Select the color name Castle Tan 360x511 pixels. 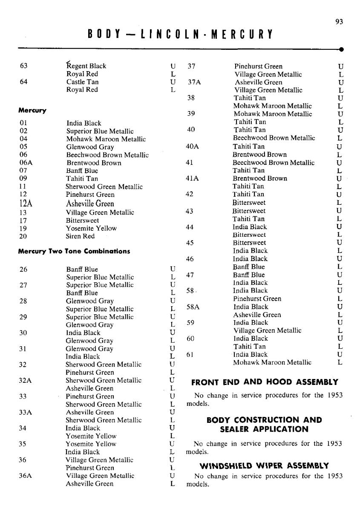pos(83,82)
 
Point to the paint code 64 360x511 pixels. pos(24,82)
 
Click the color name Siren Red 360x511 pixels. pos(81,236)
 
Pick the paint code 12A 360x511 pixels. pos(26,204)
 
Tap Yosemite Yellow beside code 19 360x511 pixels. pos(91,228)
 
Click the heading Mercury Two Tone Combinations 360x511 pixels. pos(74,251)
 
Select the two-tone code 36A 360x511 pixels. pos(26,476)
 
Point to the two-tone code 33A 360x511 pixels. pos(26,412)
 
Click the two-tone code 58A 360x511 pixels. pos(193,307)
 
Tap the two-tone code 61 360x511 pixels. pos(191,354)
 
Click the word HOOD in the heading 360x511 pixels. pos(284,382)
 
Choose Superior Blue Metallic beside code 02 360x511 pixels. pos(100,131)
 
